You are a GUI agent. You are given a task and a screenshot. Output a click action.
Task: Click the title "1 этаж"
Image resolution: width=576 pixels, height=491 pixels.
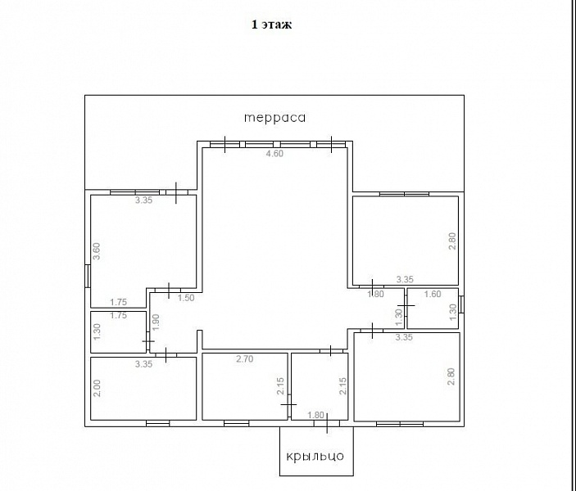tap(271, 25)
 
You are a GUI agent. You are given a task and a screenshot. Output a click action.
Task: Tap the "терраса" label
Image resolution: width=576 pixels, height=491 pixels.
tap(274, 117)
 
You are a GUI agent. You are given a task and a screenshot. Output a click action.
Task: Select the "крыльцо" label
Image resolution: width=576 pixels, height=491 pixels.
tap(315, 456)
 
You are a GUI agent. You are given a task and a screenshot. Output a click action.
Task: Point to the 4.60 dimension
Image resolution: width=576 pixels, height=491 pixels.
tap(274, 153)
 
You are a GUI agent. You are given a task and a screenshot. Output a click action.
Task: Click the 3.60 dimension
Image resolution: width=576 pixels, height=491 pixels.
tap(96, 251)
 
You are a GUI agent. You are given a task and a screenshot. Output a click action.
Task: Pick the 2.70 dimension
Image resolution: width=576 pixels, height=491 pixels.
tap(245, 359)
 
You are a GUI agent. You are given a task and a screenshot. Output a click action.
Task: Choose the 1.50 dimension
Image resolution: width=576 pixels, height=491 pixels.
tap(186, 298)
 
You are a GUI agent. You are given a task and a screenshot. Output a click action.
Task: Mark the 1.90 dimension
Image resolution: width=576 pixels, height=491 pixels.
tap(156, 322)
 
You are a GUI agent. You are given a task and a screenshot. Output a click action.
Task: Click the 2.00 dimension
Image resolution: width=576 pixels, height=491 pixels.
tap(97, 388)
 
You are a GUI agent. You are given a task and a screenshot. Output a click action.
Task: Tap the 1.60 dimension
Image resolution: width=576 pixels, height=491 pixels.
tap(433, 294)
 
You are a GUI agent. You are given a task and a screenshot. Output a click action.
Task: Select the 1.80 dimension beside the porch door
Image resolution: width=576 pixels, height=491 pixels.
tap(315, 415)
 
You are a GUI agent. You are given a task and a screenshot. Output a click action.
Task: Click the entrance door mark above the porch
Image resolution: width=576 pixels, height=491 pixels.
tap(327, 423)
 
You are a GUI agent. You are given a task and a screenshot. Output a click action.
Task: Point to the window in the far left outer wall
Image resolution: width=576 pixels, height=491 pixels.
tap(88, 276)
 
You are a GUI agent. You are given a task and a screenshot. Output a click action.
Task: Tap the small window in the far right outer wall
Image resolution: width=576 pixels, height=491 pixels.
tap(461, 304)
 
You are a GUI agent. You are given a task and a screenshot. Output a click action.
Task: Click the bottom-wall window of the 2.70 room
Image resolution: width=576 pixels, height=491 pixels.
tap(236, 423)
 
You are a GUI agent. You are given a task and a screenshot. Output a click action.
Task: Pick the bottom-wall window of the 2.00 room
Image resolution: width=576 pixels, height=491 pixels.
tap(158, 423)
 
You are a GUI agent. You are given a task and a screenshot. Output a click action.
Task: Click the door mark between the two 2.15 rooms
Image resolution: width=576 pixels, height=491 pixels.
tap(288, 405)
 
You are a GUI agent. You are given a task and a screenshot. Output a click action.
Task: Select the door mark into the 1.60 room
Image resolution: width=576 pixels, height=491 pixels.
tap(406, 305)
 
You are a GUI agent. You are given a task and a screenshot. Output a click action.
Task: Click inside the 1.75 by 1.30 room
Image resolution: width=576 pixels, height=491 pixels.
tap(118, 332)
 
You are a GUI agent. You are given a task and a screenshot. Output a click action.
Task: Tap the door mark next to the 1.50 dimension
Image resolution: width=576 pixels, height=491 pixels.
tap(169, 291)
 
